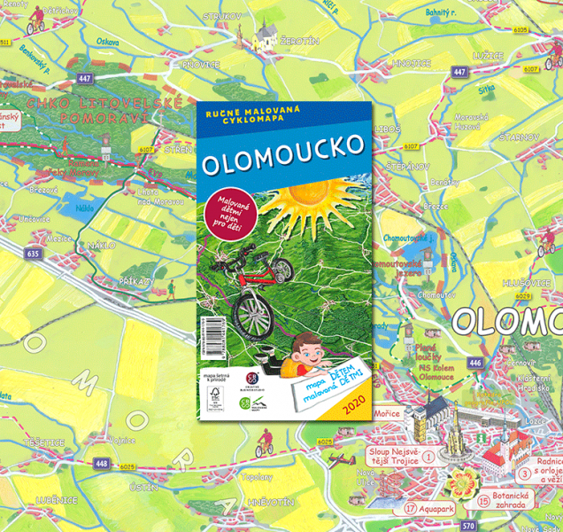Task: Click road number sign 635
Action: (35, 254)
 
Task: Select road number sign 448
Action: (101, 463)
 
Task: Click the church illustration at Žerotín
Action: (266, 36)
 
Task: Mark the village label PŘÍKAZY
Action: (137, 279)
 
